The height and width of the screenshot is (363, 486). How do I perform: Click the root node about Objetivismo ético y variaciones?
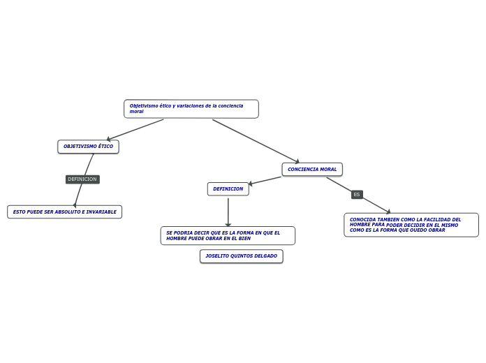coord(191,109)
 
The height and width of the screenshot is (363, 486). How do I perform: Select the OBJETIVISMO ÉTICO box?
coord(88,147)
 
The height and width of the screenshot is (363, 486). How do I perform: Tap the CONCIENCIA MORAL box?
coord(312,170)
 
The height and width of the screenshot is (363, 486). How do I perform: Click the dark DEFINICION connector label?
coord(82,179)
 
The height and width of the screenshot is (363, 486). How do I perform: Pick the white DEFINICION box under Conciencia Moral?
coord(228,189)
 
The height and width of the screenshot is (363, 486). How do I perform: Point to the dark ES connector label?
coord(357,195)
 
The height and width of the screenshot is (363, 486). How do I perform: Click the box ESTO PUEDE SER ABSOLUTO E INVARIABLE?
coord(64,212)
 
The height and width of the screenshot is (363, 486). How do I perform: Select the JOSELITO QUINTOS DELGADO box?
coord(241,256)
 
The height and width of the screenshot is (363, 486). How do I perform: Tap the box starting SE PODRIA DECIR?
coord(228,236)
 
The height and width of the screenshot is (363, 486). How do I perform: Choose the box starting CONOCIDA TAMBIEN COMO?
coord(411,225)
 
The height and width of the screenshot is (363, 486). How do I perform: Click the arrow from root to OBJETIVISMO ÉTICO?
coord(136,129)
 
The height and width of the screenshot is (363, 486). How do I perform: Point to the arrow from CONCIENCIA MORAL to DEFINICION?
coord(265,180)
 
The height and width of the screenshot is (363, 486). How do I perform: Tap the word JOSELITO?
coord(217,256)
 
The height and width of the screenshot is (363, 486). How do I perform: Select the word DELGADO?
coord(266,256)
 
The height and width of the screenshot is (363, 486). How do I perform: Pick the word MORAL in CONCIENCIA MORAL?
coord(329,170)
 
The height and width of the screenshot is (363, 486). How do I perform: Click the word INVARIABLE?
coord(102,212)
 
